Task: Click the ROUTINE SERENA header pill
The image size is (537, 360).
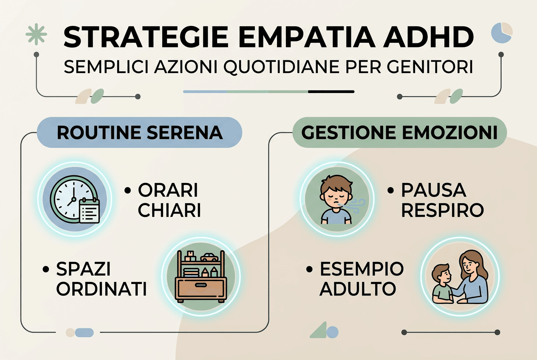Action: (139, 132)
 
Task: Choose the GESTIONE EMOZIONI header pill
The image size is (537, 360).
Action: (399, 132)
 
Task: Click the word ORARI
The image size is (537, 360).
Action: (168, 191)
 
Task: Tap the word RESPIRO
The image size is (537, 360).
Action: (442, 211)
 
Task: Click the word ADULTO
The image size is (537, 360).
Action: (358, 289)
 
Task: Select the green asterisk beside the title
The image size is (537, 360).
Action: (37, 34)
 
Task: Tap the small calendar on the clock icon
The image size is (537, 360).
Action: (90, 211)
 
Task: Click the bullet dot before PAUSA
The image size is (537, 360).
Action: (390, 191)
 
